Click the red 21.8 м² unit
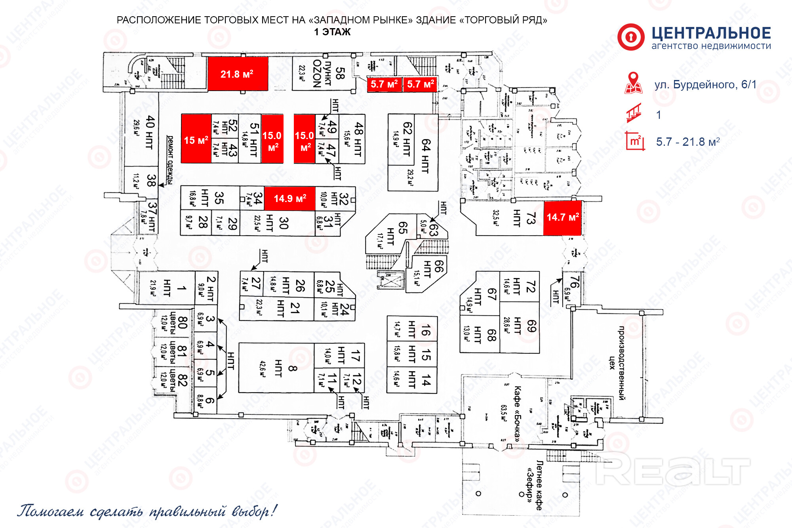pos(238,74)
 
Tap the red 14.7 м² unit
pos(562,217)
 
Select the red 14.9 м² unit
pos(289,198)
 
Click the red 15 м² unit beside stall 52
pos(196,139)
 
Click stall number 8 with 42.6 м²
pos(277,368)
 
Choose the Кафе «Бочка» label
pos(516,414)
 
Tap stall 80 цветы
pos(176,322)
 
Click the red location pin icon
pos(633,83)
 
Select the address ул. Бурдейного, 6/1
pos(705,84)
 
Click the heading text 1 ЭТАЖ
pos(332,32)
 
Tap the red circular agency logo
pos(631,37)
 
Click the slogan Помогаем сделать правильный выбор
pos(147,511)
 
